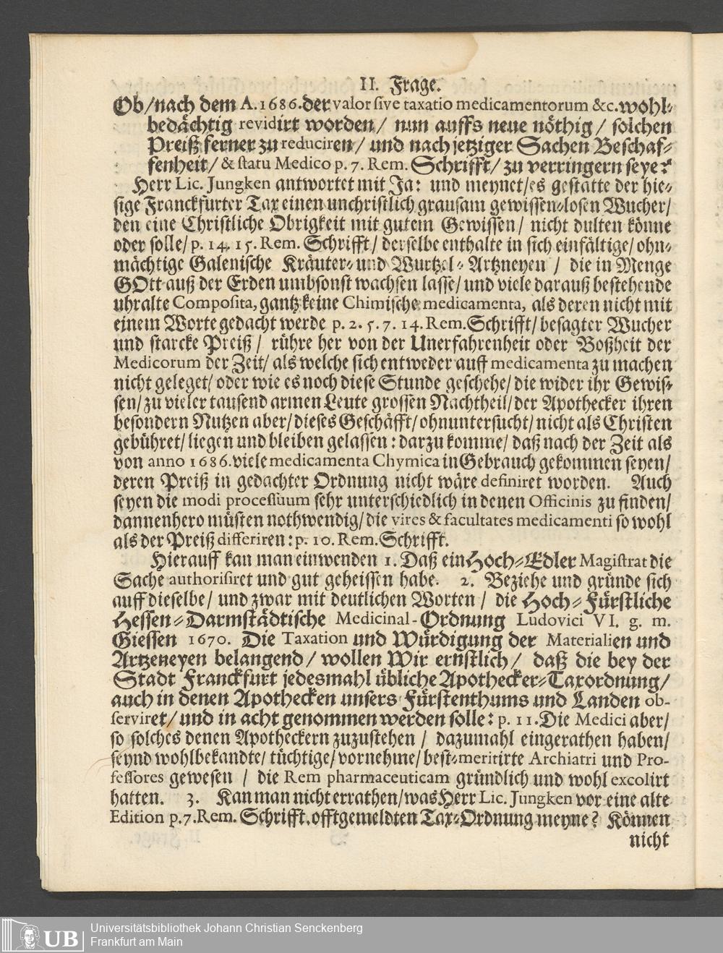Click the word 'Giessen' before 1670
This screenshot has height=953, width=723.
[x=144, y=640]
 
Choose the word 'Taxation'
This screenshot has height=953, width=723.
[x=315, y=639]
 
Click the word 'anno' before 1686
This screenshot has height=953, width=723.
[x=166, y=461]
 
